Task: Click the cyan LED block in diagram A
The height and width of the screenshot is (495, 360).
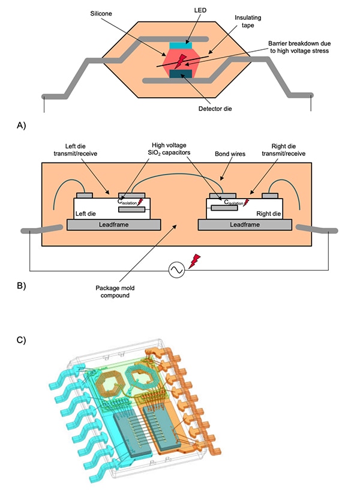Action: (180, 45)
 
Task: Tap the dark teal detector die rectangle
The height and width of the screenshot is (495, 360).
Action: (180, 74)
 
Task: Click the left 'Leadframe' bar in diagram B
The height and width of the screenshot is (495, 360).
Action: (114, 224)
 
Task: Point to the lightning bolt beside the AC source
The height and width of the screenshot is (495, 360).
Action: (194, 260)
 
